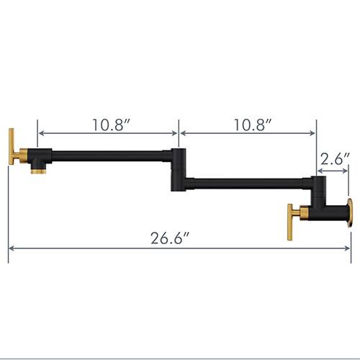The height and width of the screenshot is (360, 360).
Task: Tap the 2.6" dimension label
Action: [x=335, y=158]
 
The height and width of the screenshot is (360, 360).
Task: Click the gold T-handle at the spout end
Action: [x=12, y=148]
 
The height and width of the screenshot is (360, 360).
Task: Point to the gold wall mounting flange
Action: [x=349, y=214]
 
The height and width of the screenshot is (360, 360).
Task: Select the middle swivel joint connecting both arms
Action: [x=177, y=170]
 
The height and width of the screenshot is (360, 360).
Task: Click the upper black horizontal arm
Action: [x=108, y=153]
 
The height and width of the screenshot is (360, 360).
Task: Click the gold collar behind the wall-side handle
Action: [x=303, y=213]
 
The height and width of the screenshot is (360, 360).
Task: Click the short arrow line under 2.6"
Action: [x=333, y=171]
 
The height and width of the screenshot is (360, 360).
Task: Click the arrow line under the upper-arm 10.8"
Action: [x=108, y=133]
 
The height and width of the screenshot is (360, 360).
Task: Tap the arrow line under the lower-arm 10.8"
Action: [x=248, y=133]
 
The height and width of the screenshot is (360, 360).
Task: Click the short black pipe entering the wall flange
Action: [x=335, y=213]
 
